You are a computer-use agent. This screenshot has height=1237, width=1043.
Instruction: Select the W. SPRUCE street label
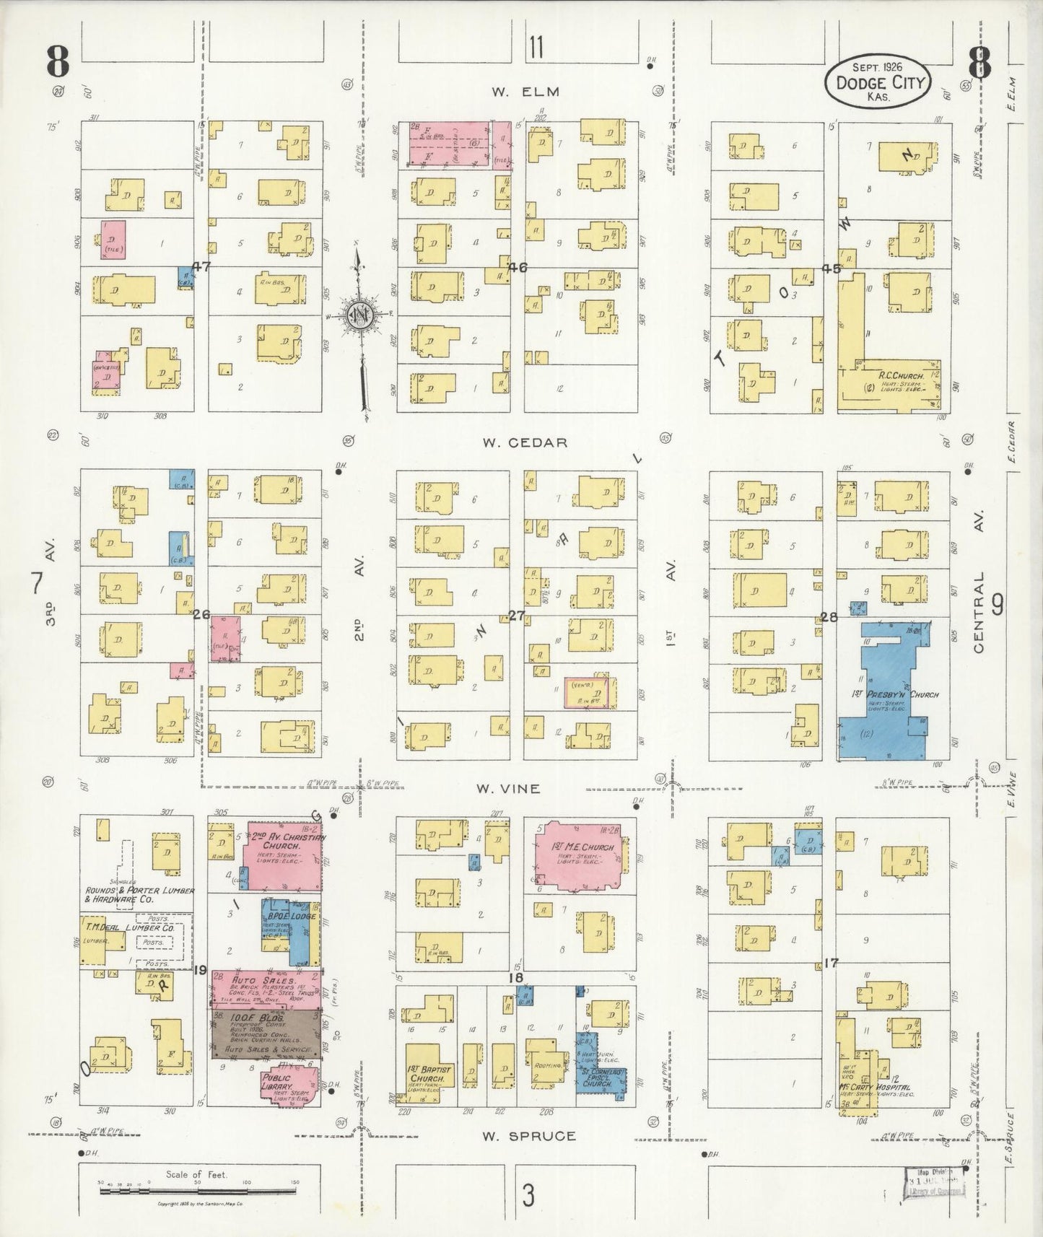pos(530,1135)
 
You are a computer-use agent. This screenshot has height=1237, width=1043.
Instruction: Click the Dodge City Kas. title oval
pos(879,82)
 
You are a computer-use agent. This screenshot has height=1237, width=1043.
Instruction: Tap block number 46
pos(517,268)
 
